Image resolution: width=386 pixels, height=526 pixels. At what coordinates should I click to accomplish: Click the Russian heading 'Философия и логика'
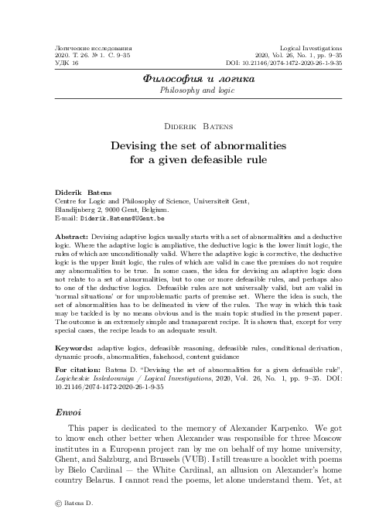pyautogui.click(x=193, y=78)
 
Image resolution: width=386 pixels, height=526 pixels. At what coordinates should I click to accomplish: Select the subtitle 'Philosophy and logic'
pyautogui.click(x=193, y=90)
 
